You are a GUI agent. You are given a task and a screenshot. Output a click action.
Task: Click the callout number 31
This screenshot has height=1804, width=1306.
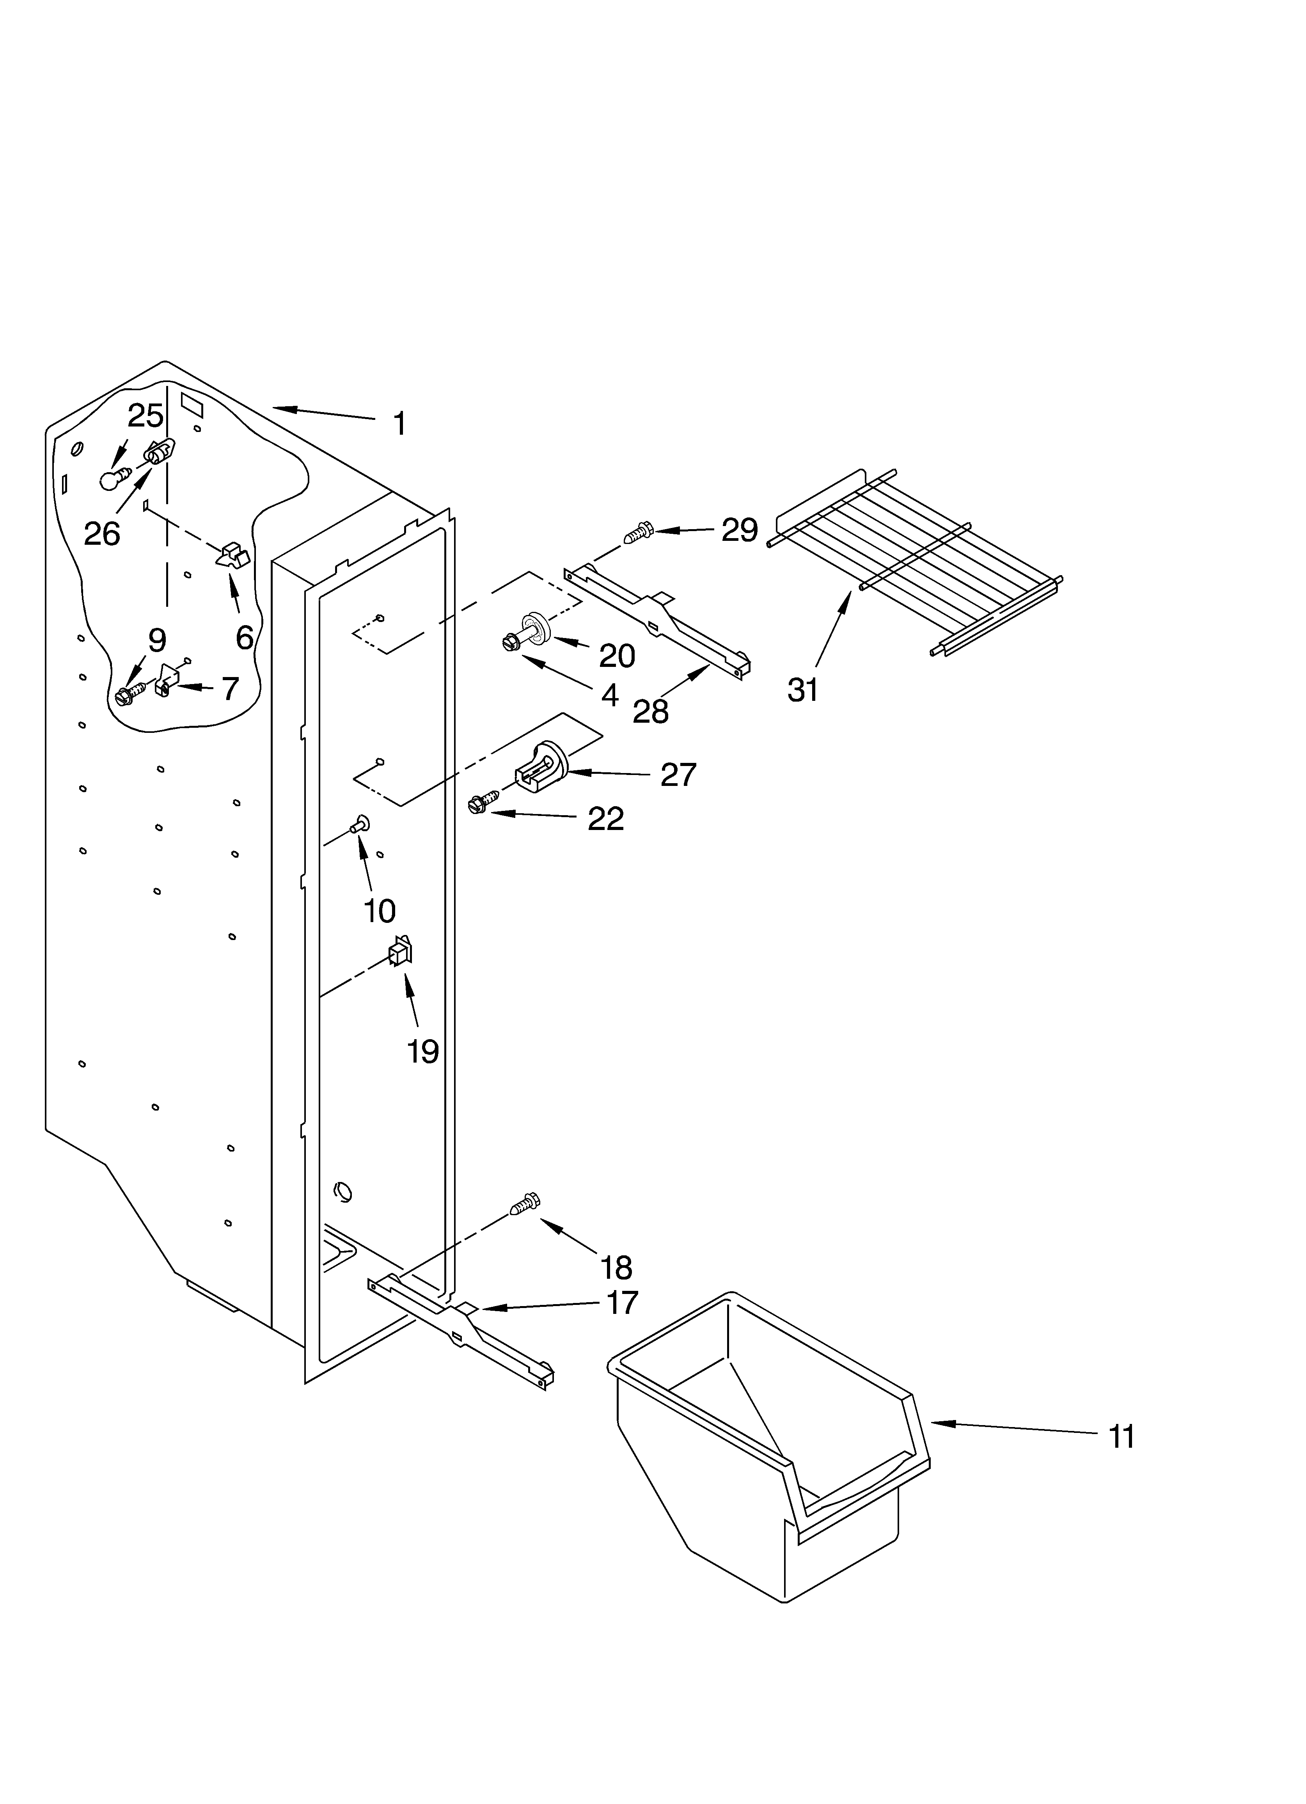tap(802, 689)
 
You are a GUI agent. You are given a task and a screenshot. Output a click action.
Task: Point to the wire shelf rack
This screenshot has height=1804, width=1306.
tap(915, 557)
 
